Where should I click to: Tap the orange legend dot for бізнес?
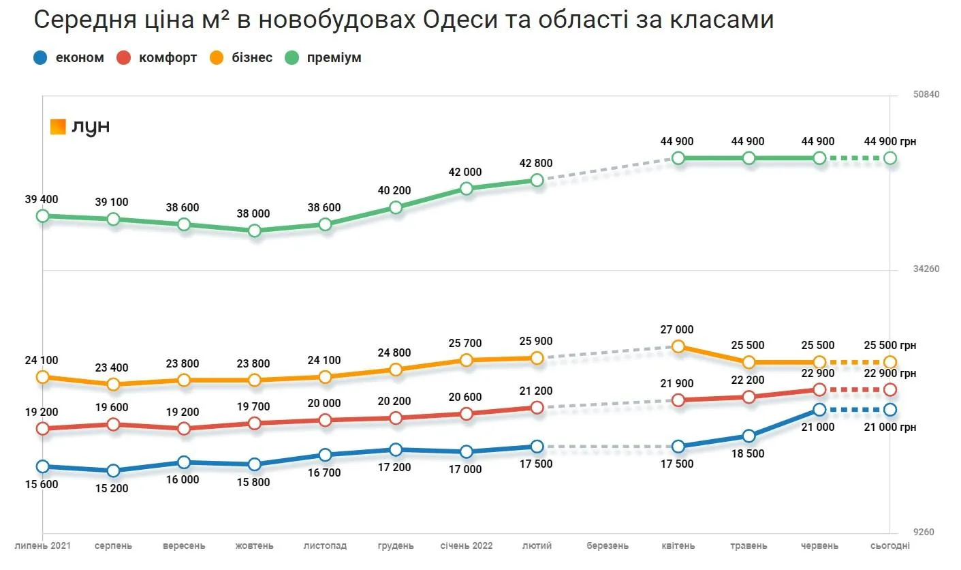pyautogui.click(x=217, y=58)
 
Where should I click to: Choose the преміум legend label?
pyautogui.click(x=334, y=58)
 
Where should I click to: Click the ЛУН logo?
pyautogui.click(x=80, y=127)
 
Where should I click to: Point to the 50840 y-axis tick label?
pyautogui.click(x=926, y=94)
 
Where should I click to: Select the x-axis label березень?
pyautogui.click(x=608, y=546)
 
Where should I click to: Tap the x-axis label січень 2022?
pyautogui.click(x=466, y=546)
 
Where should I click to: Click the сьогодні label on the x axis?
pyautogui.click(x=889, y=546)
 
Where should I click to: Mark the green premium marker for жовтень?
pyautogui.click(x=254, y=230)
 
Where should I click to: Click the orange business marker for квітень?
pyautogui.click(x=678, y=346)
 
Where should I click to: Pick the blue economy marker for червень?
pyautogui.click(x=819, y=410)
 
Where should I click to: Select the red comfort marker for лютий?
pyautogui.click(x=537, y=408)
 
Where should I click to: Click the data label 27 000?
pyautogui.click(x=677, y=330)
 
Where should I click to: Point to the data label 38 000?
pyautogui.click(x=253, y=214)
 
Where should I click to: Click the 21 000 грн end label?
pyautogui.click(x=890, y=427)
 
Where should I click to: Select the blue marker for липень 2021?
pyautogui.click(x=43, y=466)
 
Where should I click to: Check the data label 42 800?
pyautogui.click(x=536, y=164)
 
